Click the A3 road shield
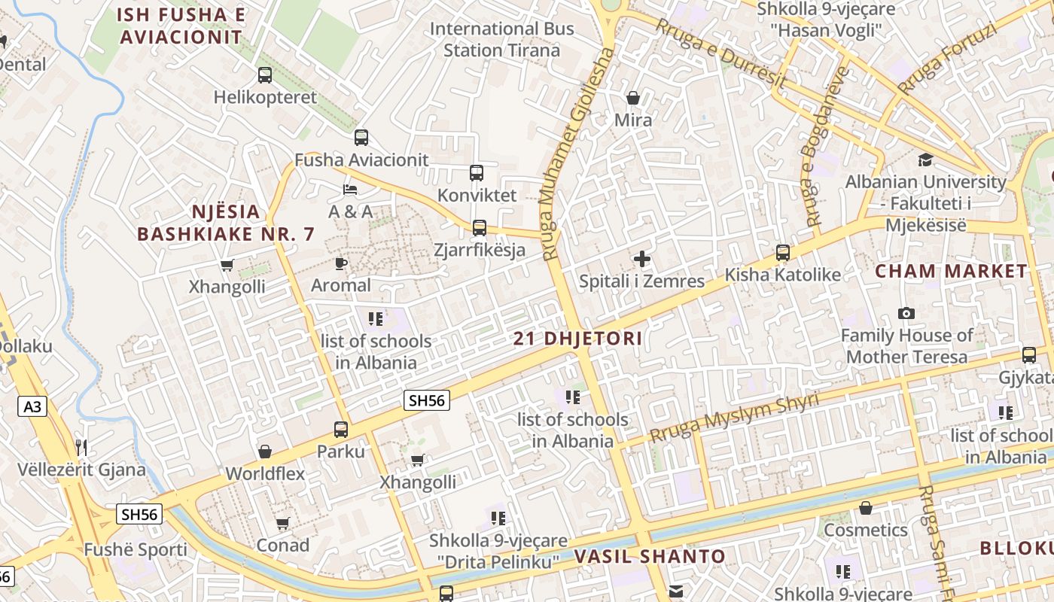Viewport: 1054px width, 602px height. point(32,407)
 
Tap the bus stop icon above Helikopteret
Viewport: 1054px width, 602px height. point(265,75)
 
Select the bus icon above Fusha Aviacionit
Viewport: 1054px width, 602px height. point(361,138)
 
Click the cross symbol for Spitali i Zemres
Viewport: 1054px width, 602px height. point(641,260)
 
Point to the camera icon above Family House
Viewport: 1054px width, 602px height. point(906,313)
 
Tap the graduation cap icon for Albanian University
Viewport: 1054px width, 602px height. point(925,160)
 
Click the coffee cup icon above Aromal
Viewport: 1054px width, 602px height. point(341,263)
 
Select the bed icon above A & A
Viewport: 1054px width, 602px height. point(350,189)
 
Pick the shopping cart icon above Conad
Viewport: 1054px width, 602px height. point(283,523)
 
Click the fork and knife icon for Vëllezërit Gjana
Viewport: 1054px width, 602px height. point(81,448)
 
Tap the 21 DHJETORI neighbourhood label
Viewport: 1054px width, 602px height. point(577,339)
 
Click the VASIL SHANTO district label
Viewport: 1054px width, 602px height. point(650,557)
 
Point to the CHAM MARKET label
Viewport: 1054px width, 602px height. point(951,272)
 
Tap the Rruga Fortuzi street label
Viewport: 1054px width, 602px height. point(947,58)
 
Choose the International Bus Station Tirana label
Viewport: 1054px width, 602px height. point(501,40)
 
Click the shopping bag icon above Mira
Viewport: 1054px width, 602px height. point(633,98)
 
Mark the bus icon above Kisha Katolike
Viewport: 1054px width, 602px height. point(783,253)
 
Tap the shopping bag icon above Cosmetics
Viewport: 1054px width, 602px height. point(866,508)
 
